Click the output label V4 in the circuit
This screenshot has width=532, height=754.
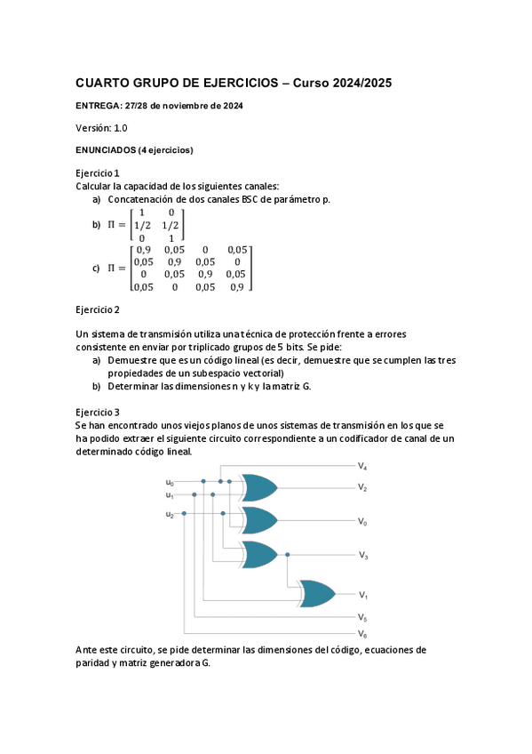[362, 466]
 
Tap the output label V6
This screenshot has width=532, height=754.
[362, 634]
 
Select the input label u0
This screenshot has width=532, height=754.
[170, 483]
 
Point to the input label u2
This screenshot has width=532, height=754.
[170, 514]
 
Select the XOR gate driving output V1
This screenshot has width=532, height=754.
[317, 593]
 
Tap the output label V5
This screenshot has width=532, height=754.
[362, 616]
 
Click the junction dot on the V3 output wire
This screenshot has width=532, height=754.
[287, 555]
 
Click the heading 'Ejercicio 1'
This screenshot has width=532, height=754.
[98, 172]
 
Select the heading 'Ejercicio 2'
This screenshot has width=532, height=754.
[98, 309]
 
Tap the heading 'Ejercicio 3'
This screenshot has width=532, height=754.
[98, 413]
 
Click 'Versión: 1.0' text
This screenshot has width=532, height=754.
[101, 128]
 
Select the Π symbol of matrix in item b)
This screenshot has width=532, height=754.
[112, 226]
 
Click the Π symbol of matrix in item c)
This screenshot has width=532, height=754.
[112, 268]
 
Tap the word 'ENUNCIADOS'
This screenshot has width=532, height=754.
[106, 150]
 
